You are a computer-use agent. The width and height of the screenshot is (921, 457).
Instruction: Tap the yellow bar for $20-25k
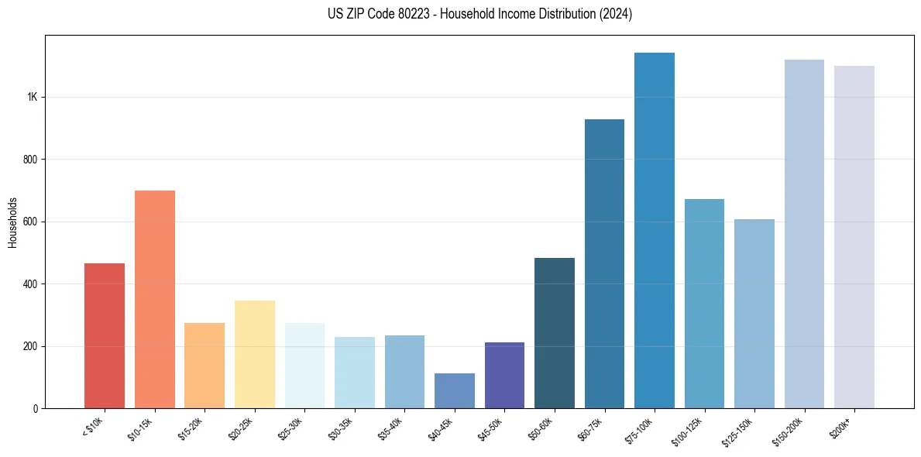tap(254, 354)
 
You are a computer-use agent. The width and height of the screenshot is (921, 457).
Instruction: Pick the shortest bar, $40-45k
tap(455, 390)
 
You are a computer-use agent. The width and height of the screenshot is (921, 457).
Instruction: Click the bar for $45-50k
tap(504, 375)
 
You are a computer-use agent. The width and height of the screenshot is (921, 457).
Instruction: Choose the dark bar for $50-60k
tap(555, 333)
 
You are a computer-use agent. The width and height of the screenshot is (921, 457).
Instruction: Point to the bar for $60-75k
tap(604, 263)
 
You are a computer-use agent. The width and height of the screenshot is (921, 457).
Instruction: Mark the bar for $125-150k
tap(754, 314)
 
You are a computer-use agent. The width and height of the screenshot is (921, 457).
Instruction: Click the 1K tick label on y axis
tap(32, 98)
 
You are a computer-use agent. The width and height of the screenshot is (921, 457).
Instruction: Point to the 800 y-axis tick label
tap(29, 160)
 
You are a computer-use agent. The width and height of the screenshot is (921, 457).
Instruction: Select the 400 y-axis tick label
tap(29, 284)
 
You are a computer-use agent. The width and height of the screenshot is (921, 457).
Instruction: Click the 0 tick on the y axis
tap(35, 408)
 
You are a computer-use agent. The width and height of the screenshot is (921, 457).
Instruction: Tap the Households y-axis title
tap(12, 222)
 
